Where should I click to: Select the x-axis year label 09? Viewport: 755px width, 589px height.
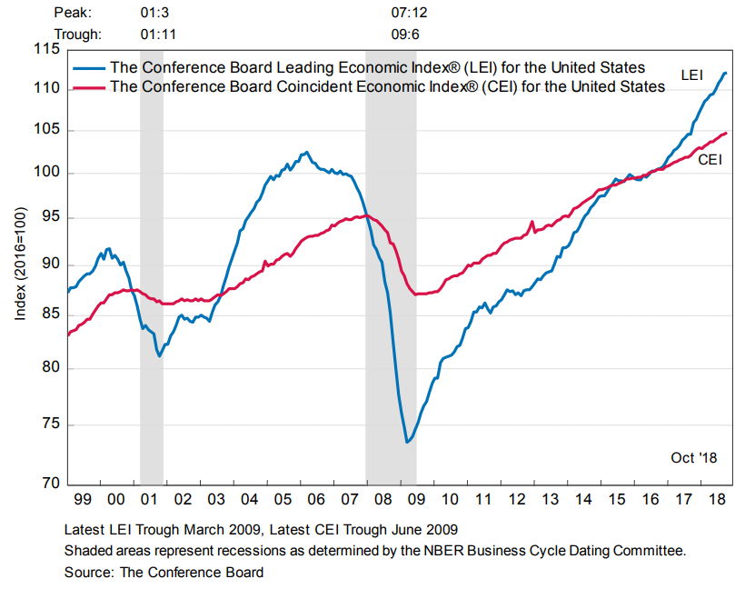pyautogui.click(x=415, y=499)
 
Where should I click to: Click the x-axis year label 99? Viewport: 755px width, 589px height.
pyautogui.click(x=83, y=499)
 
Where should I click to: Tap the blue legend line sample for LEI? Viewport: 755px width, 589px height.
pyautogui.click(x=89, y=68)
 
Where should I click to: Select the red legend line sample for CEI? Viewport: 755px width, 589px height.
pyautogui.click(x=89, y=87)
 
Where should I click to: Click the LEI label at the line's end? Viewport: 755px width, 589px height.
pyautogui.click(x=692, y=74)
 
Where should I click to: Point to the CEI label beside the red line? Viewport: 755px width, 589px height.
pyautogui.click(x=710, y=160)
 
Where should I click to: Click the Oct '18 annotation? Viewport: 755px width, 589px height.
pyautogui.click(x=694, y=457)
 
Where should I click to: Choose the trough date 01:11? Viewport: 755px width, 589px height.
pyautogui.click(x=159, y=35)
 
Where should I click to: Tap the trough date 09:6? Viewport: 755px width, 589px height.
pyautogui.click(x=405, y=35)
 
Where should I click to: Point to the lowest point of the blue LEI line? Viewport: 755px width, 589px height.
pyautogui.click(x=407, y=443)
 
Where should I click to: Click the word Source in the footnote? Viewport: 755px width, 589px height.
pyautogui.click(x=85, y=573)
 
